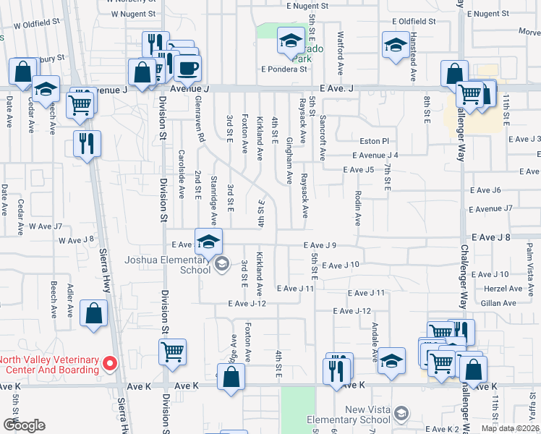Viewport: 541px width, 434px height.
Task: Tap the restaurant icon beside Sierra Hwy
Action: pos(86,142)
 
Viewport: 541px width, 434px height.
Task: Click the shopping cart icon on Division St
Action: pos(172,352)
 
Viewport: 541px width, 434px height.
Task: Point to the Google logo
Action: pos(25,425)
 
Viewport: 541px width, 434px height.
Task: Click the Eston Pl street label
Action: pos(375,141)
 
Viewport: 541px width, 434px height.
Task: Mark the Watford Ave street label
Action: pos(339,54)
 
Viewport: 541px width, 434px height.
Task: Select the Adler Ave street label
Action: pos(70,299)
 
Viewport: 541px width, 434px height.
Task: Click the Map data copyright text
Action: pos(509,428)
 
